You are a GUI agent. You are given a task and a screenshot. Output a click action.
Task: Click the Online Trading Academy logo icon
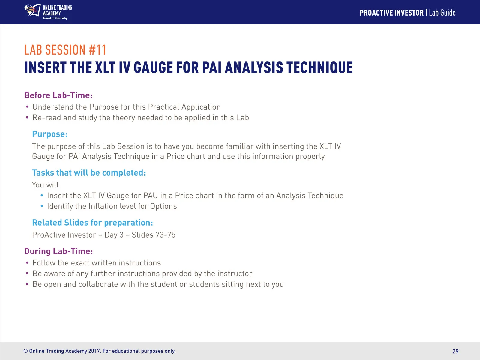point(33,10)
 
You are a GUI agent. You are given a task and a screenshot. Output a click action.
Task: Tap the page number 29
point(455,351)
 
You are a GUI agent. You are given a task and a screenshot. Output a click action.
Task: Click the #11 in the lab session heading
point(97,49)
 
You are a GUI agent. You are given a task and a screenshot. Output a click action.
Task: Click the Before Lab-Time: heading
point(58,95)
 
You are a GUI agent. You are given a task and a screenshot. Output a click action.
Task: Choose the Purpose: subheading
point(50,134)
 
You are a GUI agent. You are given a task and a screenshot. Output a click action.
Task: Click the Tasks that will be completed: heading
point(89,173)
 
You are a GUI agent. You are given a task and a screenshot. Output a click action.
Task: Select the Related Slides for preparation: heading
point(92,223)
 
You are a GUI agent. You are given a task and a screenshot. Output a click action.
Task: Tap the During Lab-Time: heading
point(58,251)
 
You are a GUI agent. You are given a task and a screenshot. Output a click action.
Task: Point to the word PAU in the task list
point(151,196)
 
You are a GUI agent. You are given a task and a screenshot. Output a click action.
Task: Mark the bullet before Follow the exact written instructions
point(27,262)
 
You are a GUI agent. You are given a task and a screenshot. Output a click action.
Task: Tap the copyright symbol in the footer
point(25,351)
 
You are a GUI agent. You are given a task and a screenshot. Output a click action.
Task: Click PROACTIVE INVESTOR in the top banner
point(392,13)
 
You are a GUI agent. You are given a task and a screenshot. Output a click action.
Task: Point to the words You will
point(45,185)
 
